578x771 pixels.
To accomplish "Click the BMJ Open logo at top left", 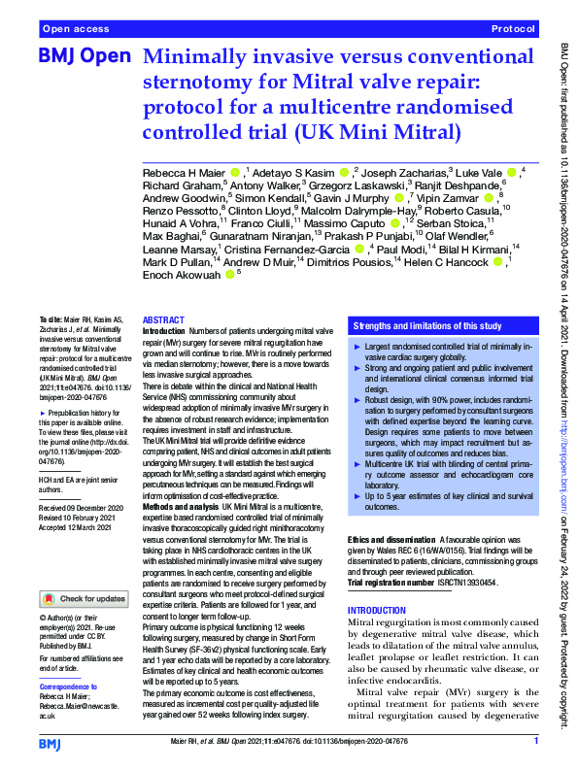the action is click(83, 57).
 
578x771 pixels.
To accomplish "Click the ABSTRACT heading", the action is click(164, 319).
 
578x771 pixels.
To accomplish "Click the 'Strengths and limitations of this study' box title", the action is click(427, 325).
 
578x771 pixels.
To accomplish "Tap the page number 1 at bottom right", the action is click(536, 742).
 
